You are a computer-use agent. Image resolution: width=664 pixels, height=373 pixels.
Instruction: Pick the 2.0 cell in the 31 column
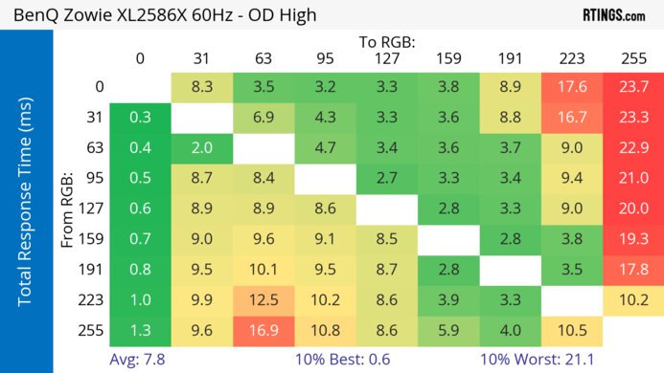[x=201, y=147]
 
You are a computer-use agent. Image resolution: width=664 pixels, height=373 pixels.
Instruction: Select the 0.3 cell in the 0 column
[x=140, y=117]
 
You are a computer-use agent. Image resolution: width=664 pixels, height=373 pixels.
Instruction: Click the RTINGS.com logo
[x=613, y=15]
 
